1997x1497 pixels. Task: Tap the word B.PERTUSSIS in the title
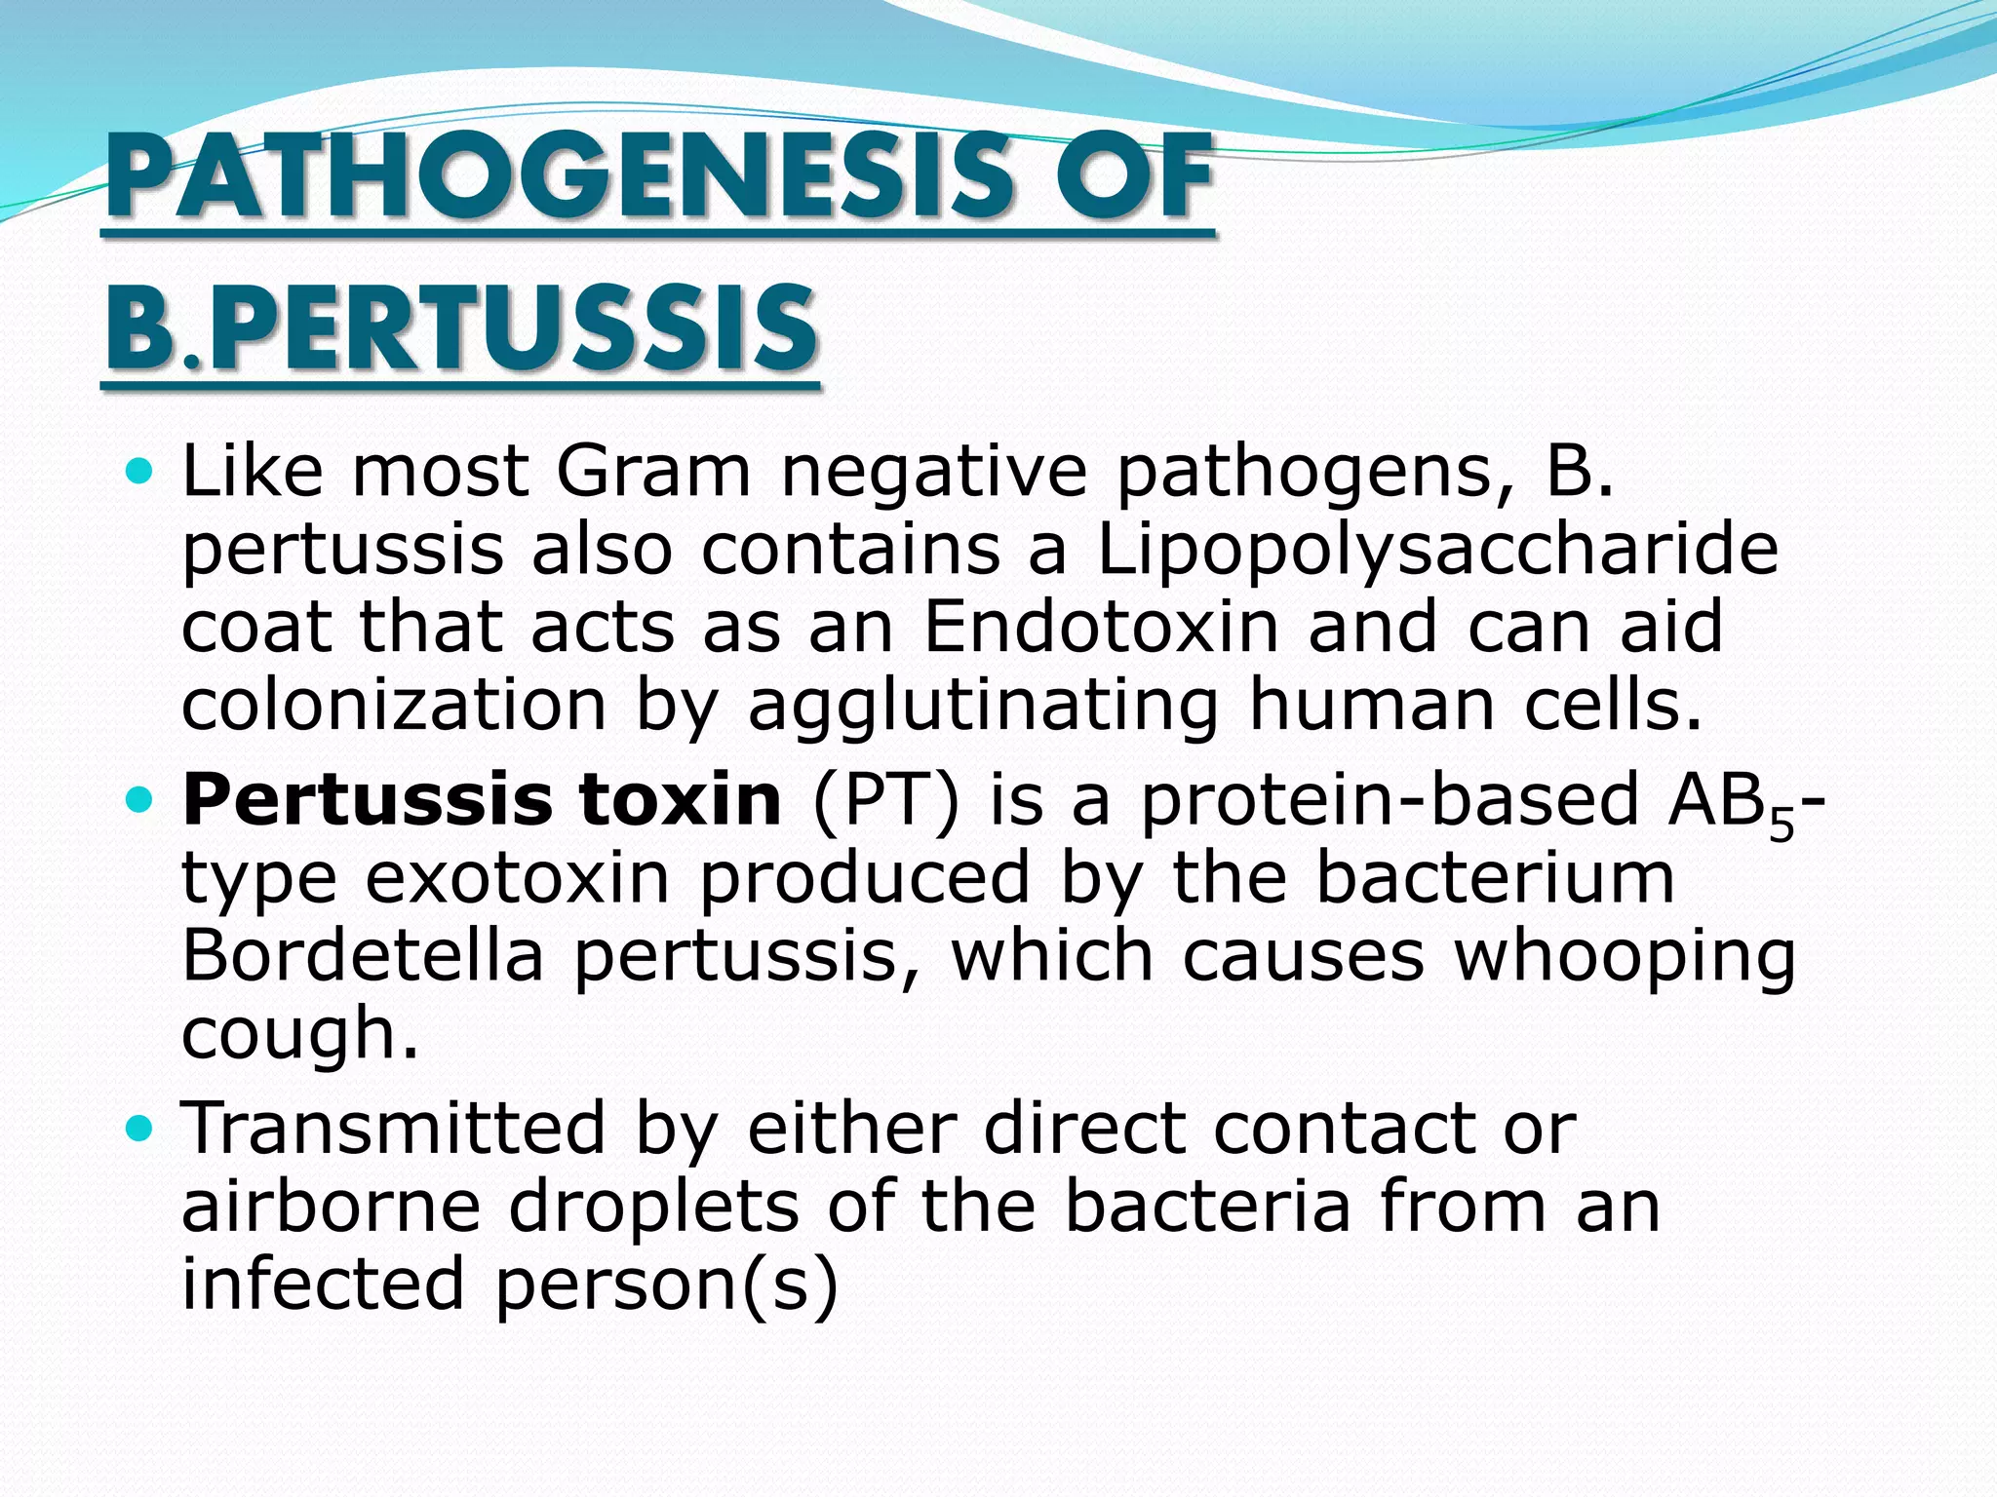point(460,328)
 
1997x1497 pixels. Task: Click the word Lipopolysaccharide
point(1437,551)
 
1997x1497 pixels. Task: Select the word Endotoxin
point(1100,627)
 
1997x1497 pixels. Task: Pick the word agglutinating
point(983,707)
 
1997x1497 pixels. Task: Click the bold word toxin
point(680,799)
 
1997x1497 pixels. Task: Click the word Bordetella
point(363,955)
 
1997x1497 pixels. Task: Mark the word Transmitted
point(394,1128)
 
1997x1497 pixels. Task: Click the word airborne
point(332,1206)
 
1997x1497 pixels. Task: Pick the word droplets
point(653,1208)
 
